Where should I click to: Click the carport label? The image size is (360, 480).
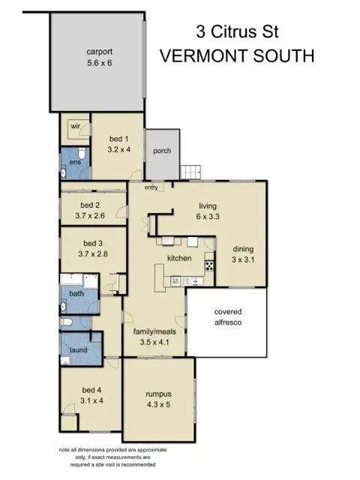pyautogui.click(x=100, y=51)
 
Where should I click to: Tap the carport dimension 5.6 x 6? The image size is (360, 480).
pyautogui.click(x=100, y=63)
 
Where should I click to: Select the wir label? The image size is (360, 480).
pyautogui.click(x=76, y=127)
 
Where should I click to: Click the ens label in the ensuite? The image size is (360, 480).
pyautogui.click(x=75, y=162)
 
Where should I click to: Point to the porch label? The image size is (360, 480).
pyautogui.click(x=162, y=151)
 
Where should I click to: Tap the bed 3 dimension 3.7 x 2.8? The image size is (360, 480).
pyautogui.click(x=93, y=254)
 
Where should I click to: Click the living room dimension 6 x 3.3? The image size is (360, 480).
pyautogui.click(x=208, y=217)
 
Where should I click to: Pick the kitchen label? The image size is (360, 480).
pyautogui.click(x=180, y=259)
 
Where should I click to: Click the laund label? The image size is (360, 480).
pyautogui.click(x=77, y=349)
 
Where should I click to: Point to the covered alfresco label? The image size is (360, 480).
pyautogui.click(x=228, y=318)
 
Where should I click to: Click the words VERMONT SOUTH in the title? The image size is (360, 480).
pyautogui.click(x=236, y=56)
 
